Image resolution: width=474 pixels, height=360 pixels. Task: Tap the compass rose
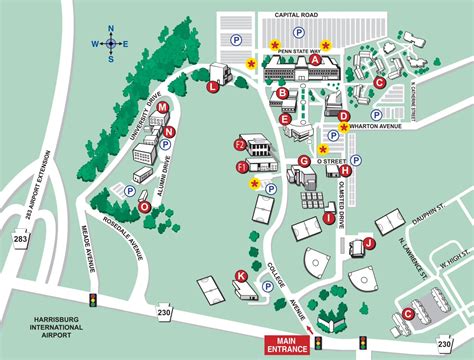(111, 42)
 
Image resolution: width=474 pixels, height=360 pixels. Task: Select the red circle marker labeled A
(316, 60)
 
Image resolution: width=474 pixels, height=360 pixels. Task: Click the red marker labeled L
(212, 87)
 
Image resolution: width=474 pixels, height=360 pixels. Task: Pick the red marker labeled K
(240, 275)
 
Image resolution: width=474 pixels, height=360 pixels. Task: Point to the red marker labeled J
(369, 242)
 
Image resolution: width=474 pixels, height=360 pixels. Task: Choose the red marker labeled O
(145, 207)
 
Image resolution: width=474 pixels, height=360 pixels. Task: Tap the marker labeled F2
(239, 146)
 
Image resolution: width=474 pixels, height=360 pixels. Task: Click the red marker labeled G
(303, 161)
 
